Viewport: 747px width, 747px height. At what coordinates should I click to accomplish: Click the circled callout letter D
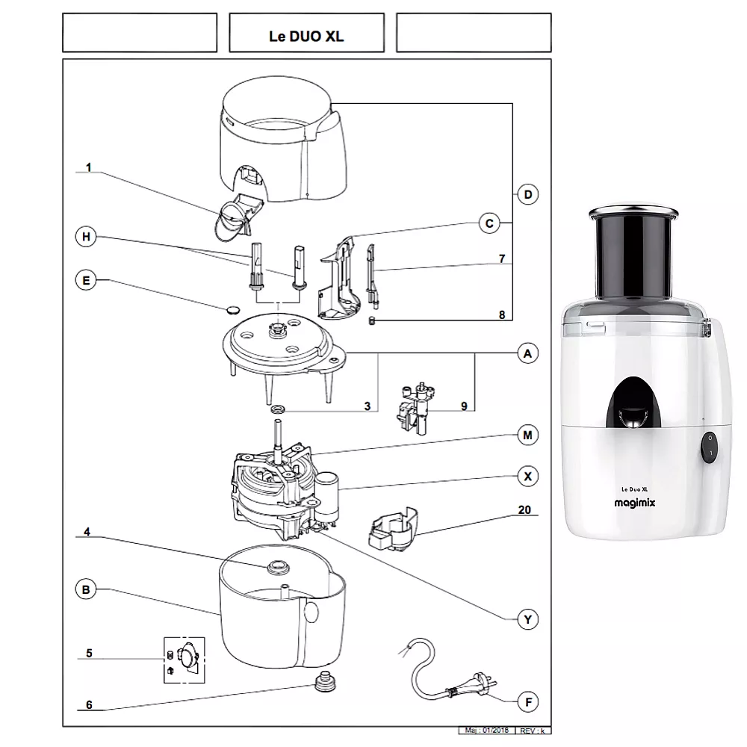(527, 195)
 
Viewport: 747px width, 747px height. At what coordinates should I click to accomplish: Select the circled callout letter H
(87, 238)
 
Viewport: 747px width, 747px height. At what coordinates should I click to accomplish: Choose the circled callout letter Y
(527, 619)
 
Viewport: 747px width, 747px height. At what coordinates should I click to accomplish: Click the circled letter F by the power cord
(527, 702)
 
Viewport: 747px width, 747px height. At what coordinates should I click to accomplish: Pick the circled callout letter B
(87, 590)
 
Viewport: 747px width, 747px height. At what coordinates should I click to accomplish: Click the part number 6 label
(89, 704)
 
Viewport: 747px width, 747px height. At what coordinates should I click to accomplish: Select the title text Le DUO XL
(306, 36)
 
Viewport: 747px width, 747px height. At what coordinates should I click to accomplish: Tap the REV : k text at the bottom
(533, 730)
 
